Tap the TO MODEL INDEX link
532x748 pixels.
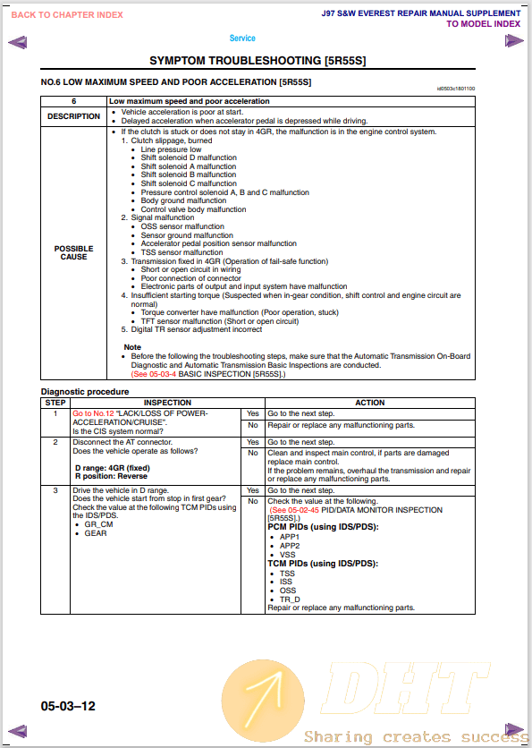(x=483, y=24)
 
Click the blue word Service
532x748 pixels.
(x=242, y=38)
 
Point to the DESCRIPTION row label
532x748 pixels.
(x=73, y=116)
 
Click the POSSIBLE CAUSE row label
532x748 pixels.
(x=73, y=252)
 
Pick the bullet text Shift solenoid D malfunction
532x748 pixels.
(x=189, y=158)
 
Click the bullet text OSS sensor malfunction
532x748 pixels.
(x=182, y=226)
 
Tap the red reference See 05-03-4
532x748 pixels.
(x=156, y=374)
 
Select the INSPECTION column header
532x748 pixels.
(x=156, y=403)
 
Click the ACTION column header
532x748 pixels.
(x=370, y=403)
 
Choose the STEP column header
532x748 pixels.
(x=55, y=403)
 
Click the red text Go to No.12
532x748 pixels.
(x=93, y=413)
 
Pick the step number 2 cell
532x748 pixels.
(x=55, y=442)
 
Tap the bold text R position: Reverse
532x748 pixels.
(x=110, y=476)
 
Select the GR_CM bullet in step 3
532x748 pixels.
(x=98, y=524)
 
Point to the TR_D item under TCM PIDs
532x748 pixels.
(x=290, y=599)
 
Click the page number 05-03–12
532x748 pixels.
(x=68, y=706)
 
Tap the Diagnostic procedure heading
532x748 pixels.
(x=85, y=392)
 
